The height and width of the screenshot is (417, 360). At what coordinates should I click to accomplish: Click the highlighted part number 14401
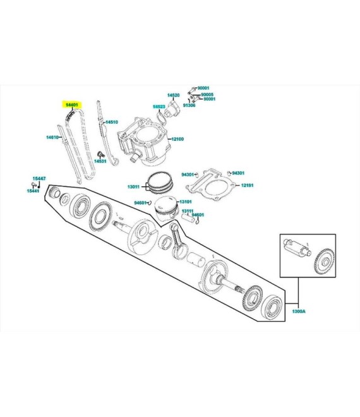click(72, 105)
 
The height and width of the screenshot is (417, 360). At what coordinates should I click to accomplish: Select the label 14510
click(112, 122)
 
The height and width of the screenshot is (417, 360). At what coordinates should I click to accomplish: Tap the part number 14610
click(52, 137)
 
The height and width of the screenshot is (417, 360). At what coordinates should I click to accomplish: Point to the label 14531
click(100, 161)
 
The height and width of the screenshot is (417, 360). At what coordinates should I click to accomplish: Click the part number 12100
click(177, 139)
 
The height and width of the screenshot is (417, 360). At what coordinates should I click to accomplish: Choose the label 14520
click(173, 95)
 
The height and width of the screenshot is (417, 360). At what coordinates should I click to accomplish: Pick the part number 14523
click(159, 107)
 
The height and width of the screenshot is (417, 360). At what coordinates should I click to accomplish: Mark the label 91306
click(189, 105)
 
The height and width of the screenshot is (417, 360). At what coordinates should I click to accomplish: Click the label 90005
click(207, 94)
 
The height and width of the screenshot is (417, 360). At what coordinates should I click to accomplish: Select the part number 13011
click(133, 186)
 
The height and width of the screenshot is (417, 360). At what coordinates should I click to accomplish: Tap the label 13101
click(186, 202)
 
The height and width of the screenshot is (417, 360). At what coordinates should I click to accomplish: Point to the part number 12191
click(248, 185)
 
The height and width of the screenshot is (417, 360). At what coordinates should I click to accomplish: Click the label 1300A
click(299, 311)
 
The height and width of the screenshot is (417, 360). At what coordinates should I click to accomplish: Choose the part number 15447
click(39, 178)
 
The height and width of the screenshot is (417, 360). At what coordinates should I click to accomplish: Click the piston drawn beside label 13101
click(165, 208)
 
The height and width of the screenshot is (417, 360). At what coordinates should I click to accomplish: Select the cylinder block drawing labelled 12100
click(143, 142)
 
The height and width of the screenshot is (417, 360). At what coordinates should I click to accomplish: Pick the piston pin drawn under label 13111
click(188, 217)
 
